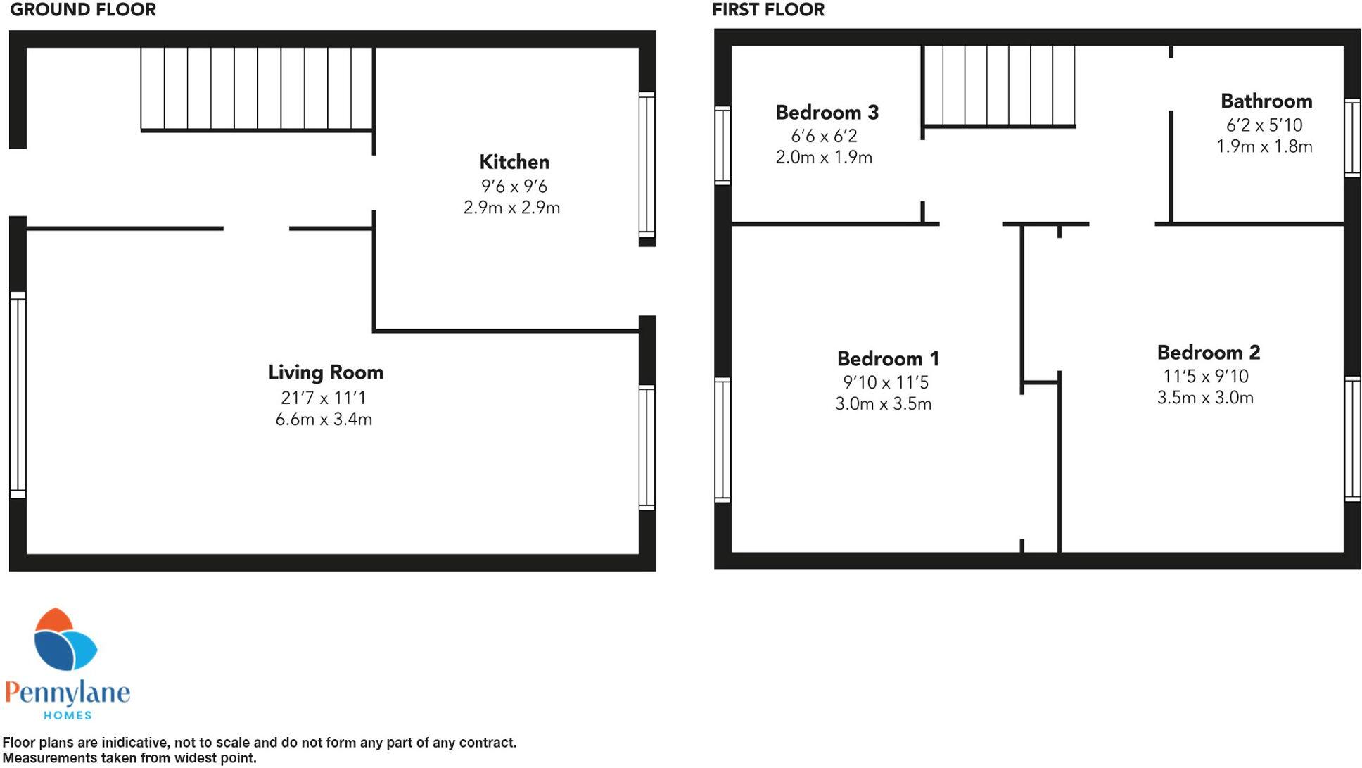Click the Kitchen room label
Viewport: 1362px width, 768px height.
[x=514, y=162]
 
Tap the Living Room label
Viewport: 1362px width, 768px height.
[x=325, y=372]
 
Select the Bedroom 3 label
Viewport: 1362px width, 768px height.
[x=827, y=113]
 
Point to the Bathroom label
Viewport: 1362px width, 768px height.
[x=1266, y=101]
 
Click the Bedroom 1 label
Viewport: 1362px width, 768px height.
[x=888, y=359]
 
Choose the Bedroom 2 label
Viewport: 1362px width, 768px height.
[x=1208, y=353]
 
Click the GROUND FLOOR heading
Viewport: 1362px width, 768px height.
[x=83, y=10]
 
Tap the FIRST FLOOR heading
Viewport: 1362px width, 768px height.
[x=768, y=10]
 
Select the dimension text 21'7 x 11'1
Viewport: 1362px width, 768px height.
[x=323, y=398]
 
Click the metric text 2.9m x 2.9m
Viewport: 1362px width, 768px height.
[x=511, y=208]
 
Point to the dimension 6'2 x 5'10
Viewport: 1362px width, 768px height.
[x=1264, y=125]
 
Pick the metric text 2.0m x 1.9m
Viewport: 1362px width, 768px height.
[x=824, y=158]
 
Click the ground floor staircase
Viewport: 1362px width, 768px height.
[x=257, y=89]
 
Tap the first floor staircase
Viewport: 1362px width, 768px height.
[x=999, y=86]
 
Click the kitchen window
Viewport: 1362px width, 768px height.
[x=647, y=165]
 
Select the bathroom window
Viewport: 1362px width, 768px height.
[x=1351, y=137]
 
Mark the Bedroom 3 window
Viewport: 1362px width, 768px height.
[x=723, y=145]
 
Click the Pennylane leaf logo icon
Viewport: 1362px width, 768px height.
[x=65, y=640]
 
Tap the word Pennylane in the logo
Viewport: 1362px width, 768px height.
[x=68, y=693]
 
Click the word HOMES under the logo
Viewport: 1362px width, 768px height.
[x=68, y=715]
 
